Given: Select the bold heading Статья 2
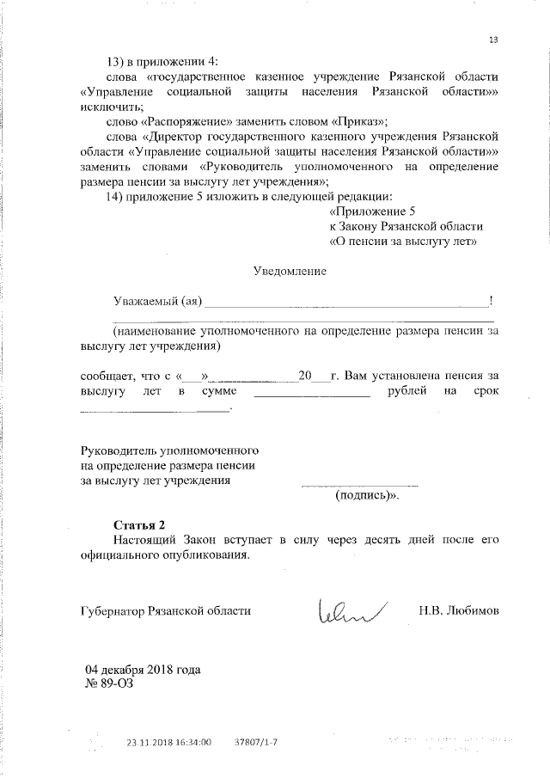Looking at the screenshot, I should [x=138, y=524].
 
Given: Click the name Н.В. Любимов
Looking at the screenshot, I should [x=459, y=610].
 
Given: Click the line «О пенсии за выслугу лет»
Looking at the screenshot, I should [x=403, y=242].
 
